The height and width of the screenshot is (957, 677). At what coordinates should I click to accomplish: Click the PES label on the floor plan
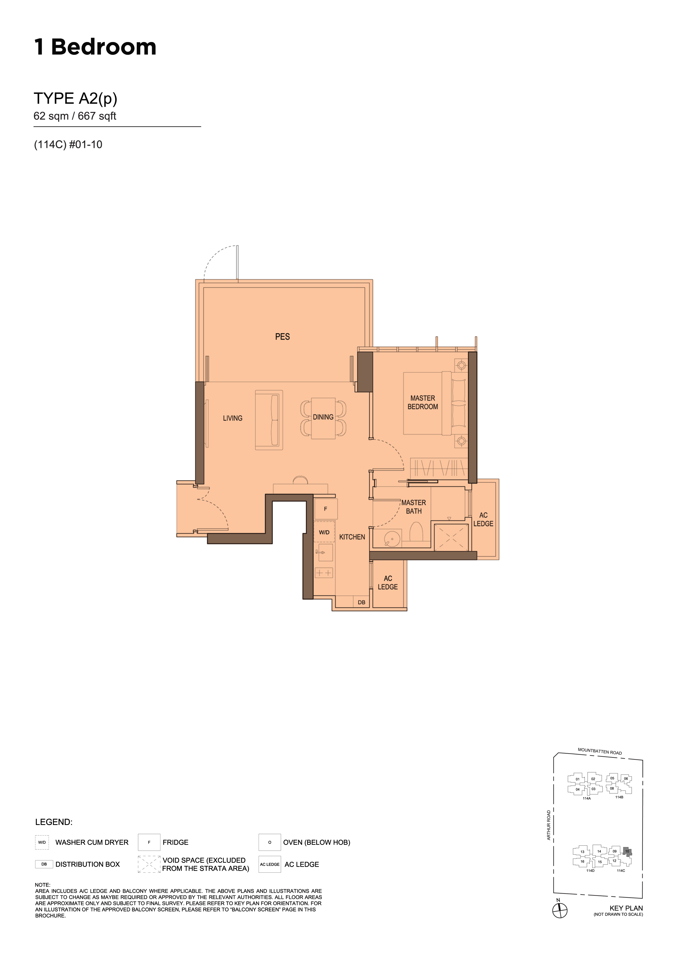282,337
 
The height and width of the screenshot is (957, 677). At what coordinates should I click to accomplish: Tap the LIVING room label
232,418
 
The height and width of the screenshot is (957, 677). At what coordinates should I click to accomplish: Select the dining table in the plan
323,418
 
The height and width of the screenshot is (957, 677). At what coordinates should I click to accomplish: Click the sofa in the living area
269,420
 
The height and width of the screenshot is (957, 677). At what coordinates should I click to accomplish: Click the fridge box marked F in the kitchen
325,509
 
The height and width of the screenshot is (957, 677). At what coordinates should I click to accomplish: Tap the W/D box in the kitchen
324,532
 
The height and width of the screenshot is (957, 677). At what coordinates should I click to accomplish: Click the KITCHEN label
352,537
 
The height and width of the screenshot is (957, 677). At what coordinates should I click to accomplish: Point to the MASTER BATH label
414,507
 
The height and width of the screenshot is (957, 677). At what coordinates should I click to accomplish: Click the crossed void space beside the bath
451,538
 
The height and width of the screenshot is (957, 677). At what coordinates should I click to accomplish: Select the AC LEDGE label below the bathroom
388,582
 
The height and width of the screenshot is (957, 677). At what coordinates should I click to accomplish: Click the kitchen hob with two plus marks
324,573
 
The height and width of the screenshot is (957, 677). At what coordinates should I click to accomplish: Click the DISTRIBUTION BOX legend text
88,865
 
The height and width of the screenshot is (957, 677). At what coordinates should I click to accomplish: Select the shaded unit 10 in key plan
627,851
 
